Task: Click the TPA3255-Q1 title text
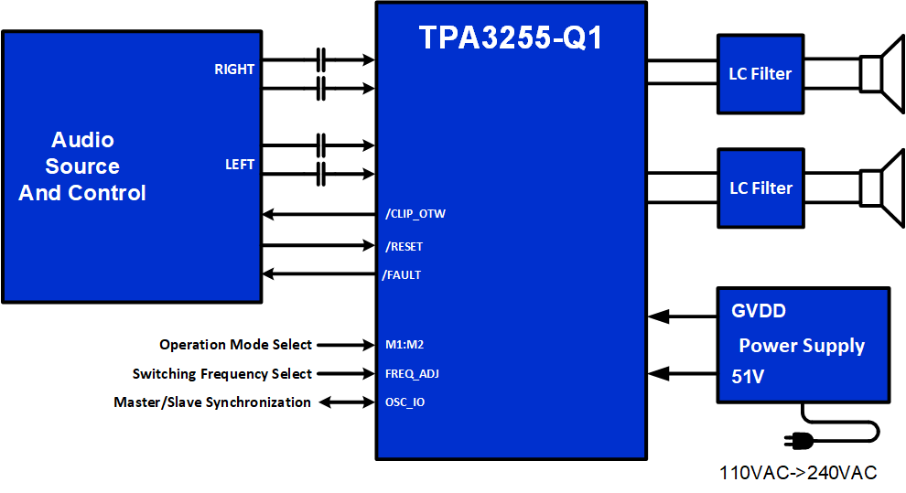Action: point(511,37)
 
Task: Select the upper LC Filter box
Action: point(760,74)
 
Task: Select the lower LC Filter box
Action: point(760,188)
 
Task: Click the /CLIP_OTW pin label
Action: point(415,215)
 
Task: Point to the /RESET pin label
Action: point(404,247)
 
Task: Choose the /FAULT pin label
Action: point(401,275)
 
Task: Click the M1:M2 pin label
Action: point(404,346)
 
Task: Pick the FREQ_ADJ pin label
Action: point(413,374)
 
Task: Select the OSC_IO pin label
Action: point(404,402)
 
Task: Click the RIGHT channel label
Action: point(234,70)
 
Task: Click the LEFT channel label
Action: point(240,166)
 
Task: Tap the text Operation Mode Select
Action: point(235,345)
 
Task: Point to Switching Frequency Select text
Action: point(221,374)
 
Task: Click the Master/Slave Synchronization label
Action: point(211,402)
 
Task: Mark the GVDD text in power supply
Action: point(759,311)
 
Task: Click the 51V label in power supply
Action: point(748,376)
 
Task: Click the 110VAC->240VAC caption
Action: point(798,473)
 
